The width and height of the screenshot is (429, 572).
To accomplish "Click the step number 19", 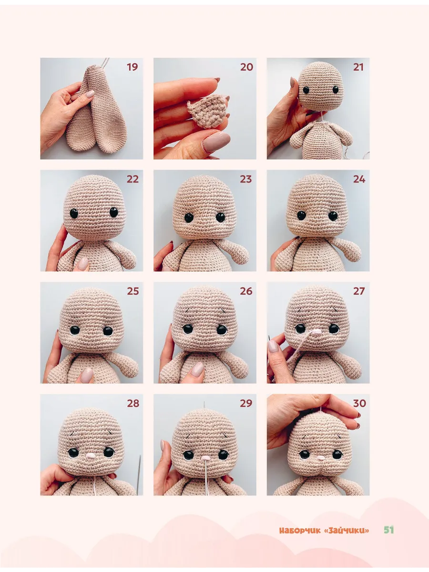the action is (133, 67).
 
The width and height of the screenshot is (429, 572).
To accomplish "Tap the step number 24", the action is (359, 179).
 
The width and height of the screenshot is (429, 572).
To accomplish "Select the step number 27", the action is (359, 291).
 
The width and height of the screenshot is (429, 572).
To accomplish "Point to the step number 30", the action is (359, 403).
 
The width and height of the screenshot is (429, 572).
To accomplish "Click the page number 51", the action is (388, 530).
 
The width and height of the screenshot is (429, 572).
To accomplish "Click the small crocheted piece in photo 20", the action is (207, 111).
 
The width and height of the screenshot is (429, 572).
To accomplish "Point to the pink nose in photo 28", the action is (91, 455).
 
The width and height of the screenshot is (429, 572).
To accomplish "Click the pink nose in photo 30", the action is (320, 458).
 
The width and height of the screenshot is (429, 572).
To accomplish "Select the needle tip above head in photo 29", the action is (204, 403).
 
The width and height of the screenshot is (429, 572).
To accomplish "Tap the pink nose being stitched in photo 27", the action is (317, 331).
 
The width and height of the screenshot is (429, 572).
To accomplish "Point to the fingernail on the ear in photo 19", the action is (90, 94).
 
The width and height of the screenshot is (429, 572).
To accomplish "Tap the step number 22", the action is (133, 179).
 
